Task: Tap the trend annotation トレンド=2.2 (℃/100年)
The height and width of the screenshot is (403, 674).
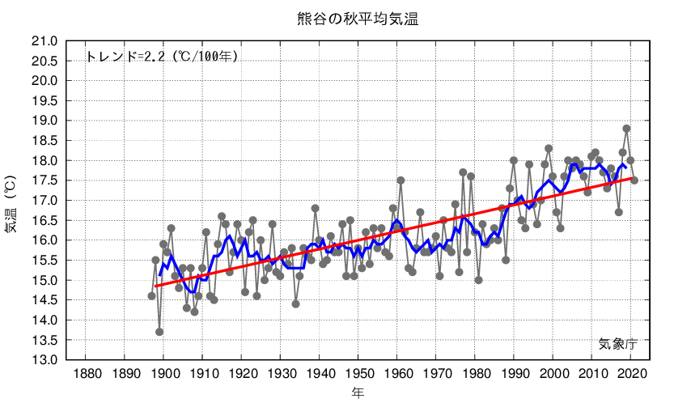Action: click(x=162, y=57)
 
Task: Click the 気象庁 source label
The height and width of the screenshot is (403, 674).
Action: click(x=618, y=343)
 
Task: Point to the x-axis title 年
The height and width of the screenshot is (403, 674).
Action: click(x=357, y=393)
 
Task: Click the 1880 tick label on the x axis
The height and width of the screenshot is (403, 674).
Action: click(x=86, y=373)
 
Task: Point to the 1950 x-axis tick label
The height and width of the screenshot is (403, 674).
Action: click(x=358, y=373)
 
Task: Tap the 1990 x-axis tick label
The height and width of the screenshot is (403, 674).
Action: click(x=514, y=373)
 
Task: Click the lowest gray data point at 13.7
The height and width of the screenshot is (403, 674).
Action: click(x=159, y=332)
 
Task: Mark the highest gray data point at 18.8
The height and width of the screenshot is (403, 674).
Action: click(x=626, y=129)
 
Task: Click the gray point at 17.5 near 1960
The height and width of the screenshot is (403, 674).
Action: click(x=401, y=180)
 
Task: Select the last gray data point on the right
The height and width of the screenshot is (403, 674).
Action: click(x=634, y=180)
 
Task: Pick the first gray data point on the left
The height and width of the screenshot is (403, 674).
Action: click(x=151, y=296)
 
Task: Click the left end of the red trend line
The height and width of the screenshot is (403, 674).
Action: click(x=156, y=286)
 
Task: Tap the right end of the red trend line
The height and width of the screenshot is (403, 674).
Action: click(x=632, y=178)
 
